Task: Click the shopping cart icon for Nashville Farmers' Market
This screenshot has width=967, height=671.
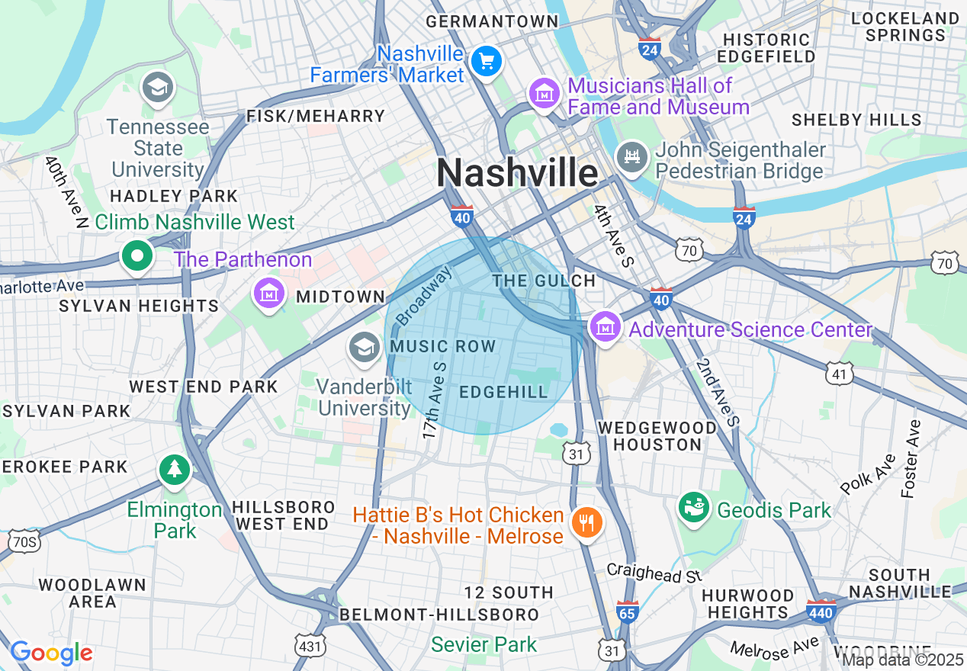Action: (486, 61)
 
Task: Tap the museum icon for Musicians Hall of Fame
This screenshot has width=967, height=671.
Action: (545, 95)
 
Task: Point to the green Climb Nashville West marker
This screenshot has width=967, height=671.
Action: (137, 257)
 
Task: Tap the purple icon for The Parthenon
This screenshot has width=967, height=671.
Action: (269, 293)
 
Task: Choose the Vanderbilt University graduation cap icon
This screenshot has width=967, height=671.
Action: (365, 348)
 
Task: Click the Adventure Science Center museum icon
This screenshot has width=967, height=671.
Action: (606, 327)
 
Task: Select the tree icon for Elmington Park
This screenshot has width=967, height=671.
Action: (175, 469)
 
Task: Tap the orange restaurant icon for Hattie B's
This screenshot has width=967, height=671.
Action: (586, 523)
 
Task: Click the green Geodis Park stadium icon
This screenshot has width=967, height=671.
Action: (694, 507)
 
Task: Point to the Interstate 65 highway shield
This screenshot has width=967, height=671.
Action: (627, 611)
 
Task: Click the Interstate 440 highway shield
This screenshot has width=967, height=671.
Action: (821, 610)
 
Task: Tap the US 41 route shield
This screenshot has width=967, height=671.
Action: (840, 373)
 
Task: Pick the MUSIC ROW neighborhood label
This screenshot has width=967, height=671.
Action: (442, 347)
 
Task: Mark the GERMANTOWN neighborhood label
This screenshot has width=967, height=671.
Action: (492, 21)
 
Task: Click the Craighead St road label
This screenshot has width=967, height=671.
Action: (654, 573)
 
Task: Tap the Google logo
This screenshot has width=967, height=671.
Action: (51, 653)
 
